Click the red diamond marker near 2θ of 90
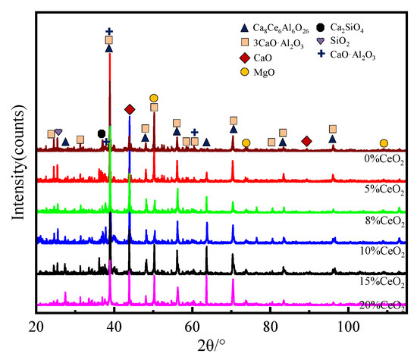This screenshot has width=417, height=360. pos(306,142)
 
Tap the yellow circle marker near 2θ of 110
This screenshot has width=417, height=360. pos(384,142)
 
